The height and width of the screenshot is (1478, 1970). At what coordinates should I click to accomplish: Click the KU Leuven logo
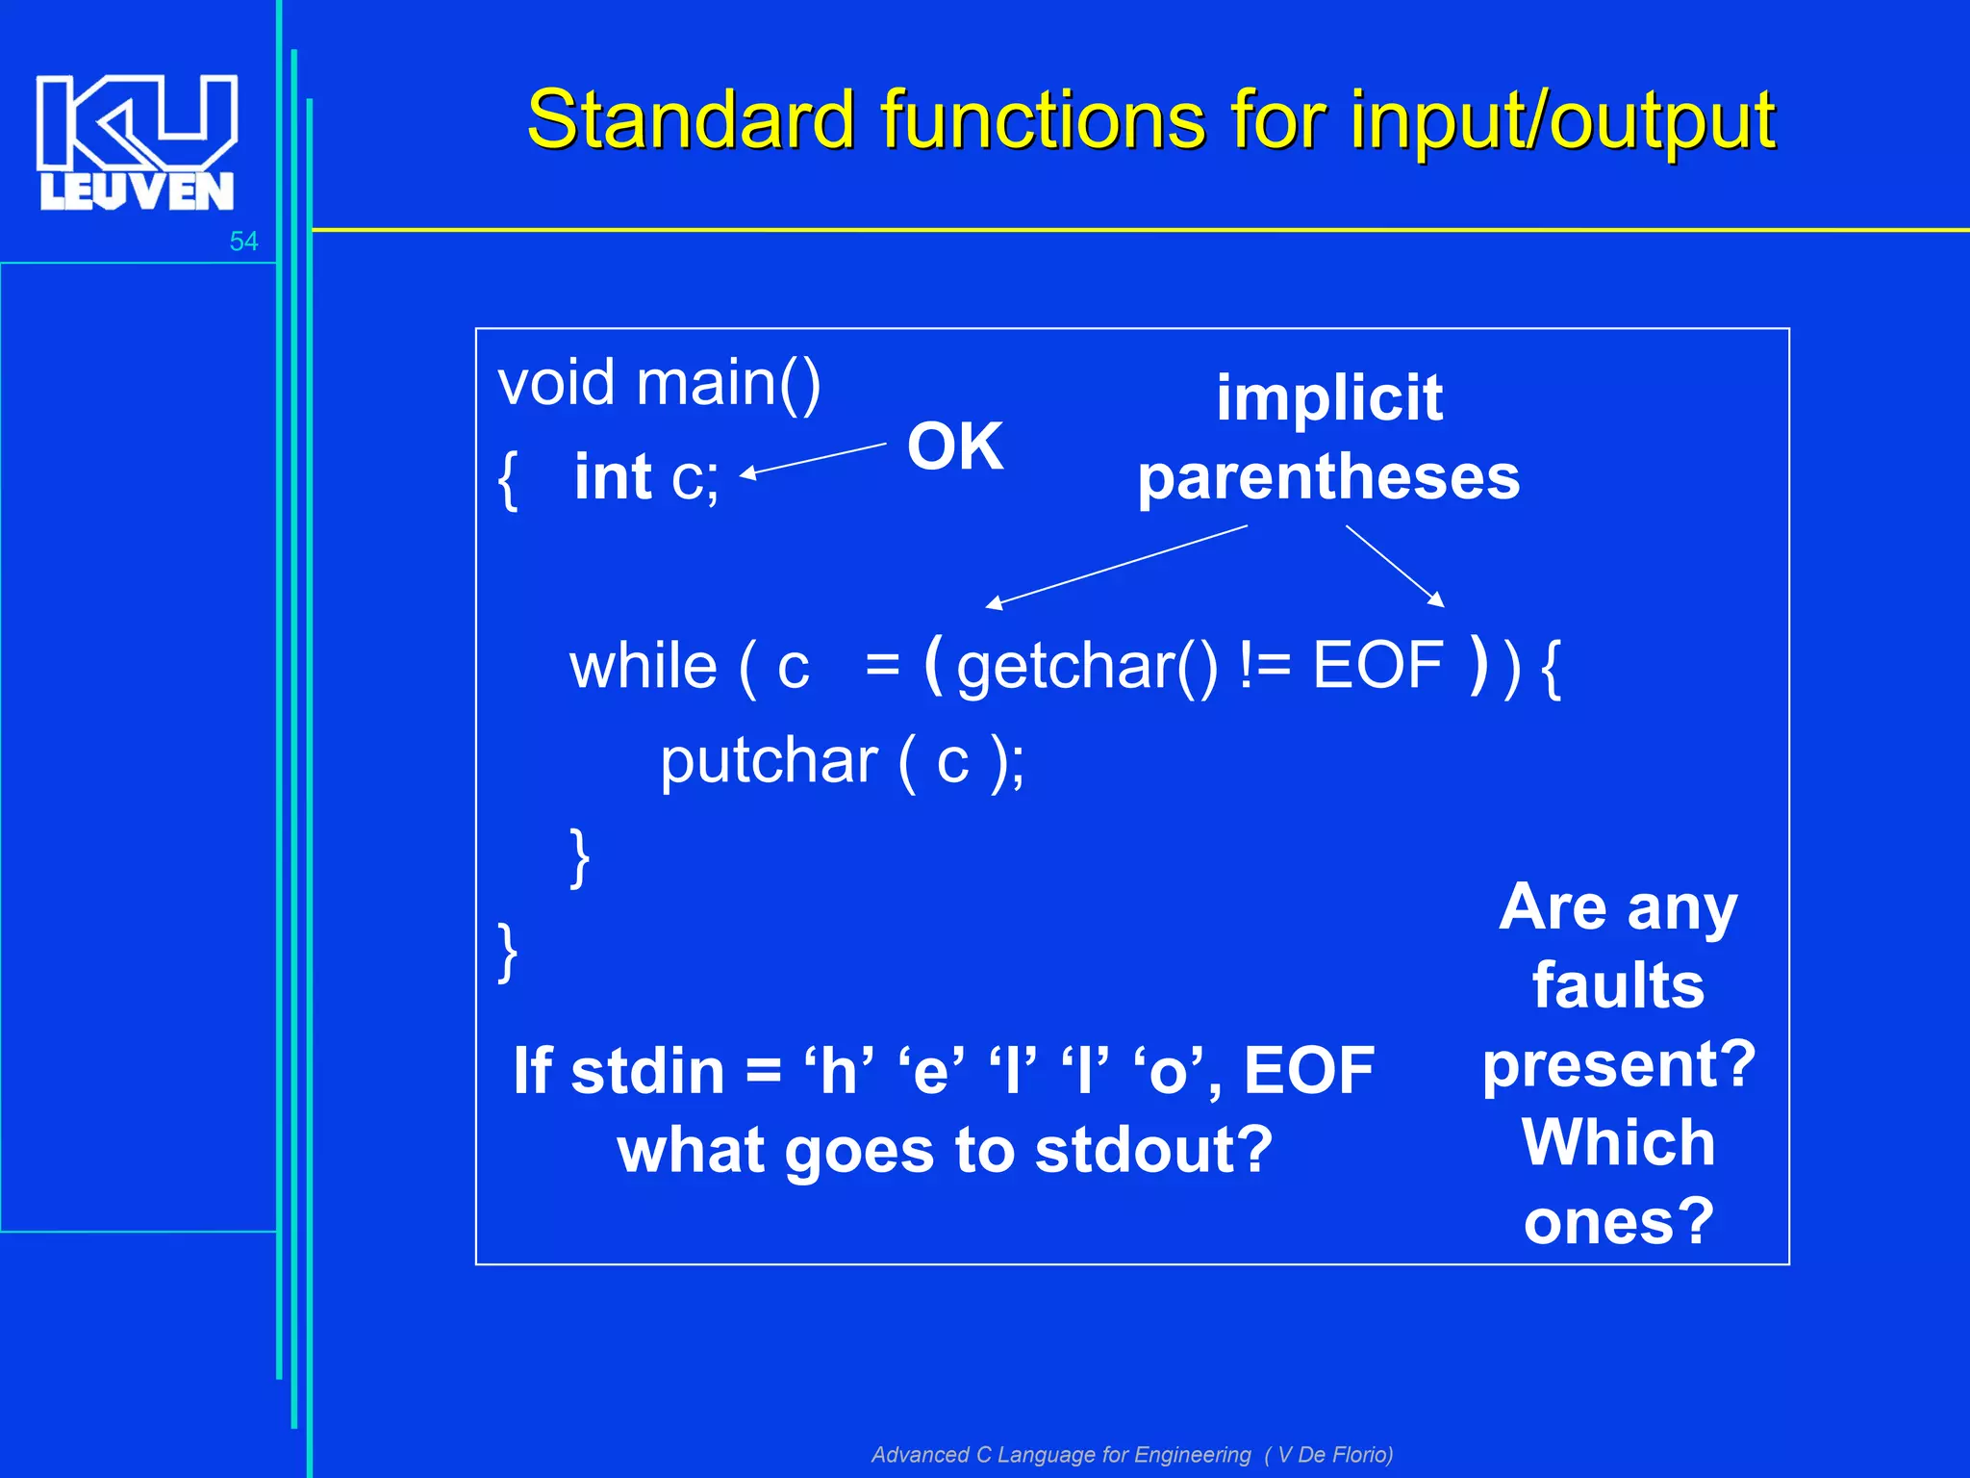point(136,142)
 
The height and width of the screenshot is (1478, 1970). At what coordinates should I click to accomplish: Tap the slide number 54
point(243,242)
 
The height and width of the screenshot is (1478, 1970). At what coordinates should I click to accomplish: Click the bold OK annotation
point(954,446)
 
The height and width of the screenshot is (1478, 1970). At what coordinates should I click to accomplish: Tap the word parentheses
point(1328,477)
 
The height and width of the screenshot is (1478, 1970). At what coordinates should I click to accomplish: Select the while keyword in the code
point(643,666)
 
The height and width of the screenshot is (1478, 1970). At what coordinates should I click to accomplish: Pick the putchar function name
point(768,761)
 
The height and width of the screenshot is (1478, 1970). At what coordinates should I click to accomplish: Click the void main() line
point(659,383)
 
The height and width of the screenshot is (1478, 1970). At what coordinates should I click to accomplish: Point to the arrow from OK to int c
point(813,459)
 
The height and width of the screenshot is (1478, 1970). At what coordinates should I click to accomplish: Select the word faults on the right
point(1618,985)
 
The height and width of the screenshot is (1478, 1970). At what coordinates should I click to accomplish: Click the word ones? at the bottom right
point(1618,1221)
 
